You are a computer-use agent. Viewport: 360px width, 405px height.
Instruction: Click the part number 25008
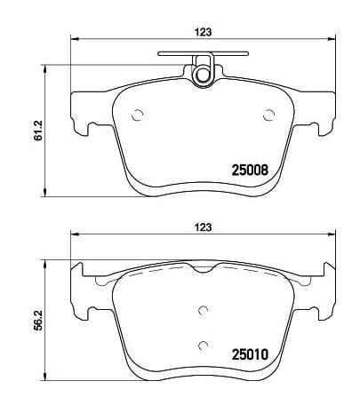(x=250, y=171)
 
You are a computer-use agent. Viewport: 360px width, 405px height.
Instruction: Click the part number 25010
(x=250, y=354)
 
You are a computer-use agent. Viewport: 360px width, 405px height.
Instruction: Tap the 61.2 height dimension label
(x=38, y=131)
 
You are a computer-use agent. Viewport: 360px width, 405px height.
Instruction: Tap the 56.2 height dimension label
(x=38, y=321)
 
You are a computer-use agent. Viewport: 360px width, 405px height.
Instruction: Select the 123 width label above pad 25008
(x=204, y=32)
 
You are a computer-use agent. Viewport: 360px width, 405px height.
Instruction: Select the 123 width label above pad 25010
(x=204, y=227)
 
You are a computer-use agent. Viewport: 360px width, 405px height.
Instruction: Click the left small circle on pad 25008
(x=138, y=115)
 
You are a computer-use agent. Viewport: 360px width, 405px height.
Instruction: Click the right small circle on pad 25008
(x=269, y=115)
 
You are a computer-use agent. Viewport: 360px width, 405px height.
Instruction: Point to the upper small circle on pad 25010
(x=203, y=310)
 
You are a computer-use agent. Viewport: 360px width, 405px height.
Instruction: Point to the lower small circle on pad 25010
(x=203, y=345)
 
